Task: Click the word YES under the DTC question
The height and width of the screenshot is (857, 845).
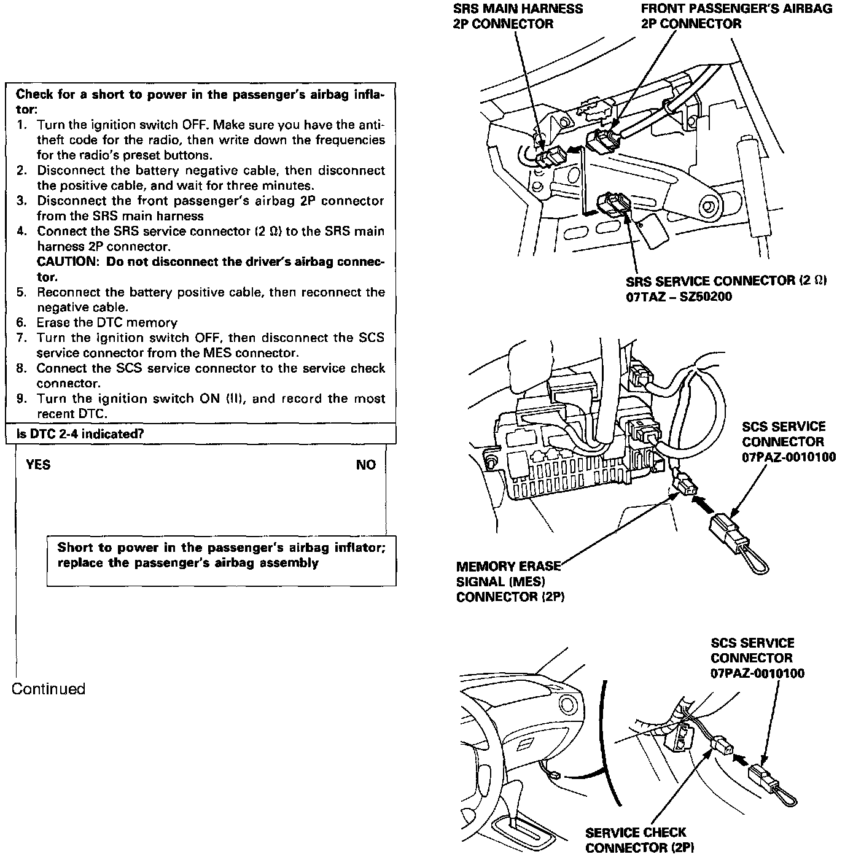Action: (x=38, y=465)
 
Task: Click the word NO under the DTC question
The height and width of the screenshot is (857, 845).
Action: (x=366, y=465)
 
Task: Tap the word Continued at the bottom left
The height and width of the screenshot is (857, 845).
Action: (x=49, y=689)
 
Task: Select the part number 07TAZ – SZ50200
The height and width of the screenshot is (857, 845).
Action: (x=679, y=297)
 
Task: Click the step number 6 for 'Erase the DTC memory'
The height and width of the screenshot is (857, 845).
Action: (x=21, y=323)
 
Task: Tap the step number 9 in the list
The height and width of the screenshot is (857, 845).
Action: (x=21, y=399)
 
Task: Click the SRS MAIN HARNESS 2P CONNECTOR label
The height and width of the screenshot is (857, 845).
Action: (x=518, y=17)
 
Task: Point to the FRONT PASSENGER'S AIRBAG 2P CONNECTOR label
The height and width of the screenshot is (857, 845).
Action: (x=736, y=17)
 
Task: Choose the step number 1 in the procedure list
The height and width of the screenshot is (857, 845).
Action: (x=21, y=125)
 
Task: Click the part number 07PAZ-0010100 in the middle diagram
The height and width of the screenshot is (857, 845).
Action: (x=789, y=457)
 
